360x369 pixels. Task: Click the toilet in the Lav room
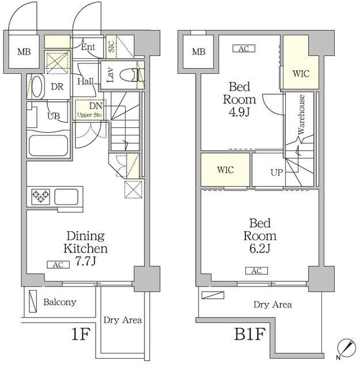pyautogui.click(x=130, y=75)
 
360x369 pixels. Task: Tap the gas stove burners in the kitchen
pyautogui.click(x=41, y=196)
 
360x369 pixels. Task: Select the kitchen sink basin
pyautogui.click(x=66, y=196)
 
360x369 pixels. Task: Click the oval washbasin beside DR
pyautogui.click(x=38, y=86)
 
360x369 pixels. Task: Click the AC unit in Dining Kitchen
pyautogui.click(x=58, y=265)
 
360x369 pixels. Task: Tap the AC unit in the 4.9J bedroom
pyautogui.click(x=244, y=48)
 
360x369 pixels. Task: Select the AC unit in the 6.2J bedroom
pyautogui.click(x=256, y=271)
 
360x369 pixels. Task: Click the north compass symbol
pyautogui.click(x=346, y=347)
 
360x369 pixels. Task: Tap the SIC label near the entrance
pyautogui.click(x=111, y=46)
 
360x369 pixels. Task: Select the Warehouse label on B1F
pyautogui.click(x=301, y=114)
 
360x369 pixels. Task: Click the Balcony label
pyautogui.click(x=60, y=302)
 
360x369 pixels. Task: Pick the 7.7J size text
pyautogui.click(x=86, y=261)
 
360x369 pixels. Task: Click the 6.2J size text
pyautogui.click(x=260, y=248)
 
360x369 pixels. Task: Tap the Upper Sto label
pyautogui.click(x=89, y=115)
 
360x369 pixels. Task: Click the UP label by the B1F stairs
pyautogui.click(x=276, y=172)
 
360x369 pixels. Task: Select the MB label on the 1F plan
pyautogui.click(x=24, y=51)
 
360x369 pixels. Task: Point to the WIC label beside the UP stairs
pyautogui.click(x=225, y=170)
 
